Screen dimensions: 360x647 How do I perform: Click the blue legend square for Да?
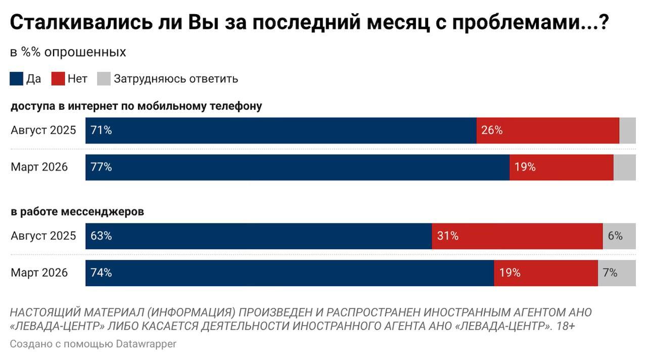pyautogui.click(x=16, y=79)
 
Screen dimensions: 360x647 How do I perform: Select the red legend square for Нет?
pyautogui.click(x=58, y=79)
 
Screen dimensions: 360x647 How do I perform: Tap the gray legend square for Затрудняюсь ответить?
pyautogui.click(x=104, y=79)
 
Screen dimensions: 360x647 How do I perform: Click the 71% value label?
pyautogui.click(x=101, y=130)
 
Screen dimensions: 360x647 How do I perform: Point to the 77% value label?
pyautogui.click(x=101, y=167)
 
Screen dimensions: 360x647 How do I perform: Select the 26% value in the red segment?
pyautogui.click(x=492, y=130)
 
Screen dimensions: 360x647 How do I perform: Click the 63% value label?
pyautogui.click(x=101, y=236)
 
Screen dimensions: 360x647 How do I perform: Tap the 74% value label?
pyautogui.click(x=101, y=273)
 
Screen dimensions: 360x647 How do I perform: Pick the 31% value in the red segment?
pyautogui.click(x=448, y=236)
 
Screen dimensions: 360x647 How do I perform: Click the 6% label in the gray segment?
pyautogui.click(x=615, y=236)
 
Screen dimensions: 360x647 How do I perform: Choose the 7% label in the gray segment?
pyautogui.click(x=610, y=273)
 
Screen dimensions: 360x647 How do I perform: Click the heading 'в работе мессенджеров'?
pyautogui.click(x=77, y=212)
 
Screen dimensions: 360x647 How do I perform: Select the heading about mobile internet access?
pyautogui.click(x=136, y=106)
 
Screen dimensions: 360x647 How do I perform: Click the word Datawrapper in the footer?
pyautogui.click(x=146, y=344)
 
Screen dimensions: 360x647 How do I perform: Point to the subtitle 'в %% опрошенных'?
pyautogui.click(x=68, y=52)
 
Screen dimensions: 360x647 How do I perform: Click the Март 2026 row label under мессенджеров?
pyautogui.click(x=39, y=273)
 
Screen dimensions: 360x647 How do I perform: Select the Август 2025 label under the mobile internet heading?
pyautogui.click(x=43, y=130)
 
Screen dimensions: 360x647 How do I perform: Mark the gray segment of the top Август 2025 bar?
pyautogui.click(x=627, y=130)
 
